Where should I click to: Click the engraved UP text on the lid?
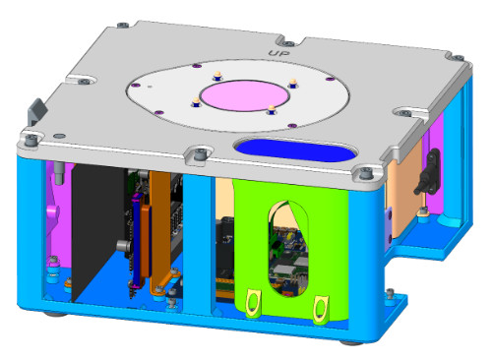pos(279,53)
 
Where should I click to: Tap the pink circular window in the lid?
pos(245,95)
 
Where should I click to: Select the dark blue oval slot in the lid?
pos(295,150)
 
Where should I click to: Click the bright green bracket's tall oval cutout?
pos(288,248)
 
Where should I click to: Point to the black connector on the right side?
pos(428,171)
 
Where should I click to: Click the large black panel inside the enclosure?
pos(97,229)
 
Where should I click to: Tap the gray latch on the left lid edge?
pos(36,111)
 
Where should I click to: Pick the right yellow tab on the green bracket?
pos(321,309)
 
